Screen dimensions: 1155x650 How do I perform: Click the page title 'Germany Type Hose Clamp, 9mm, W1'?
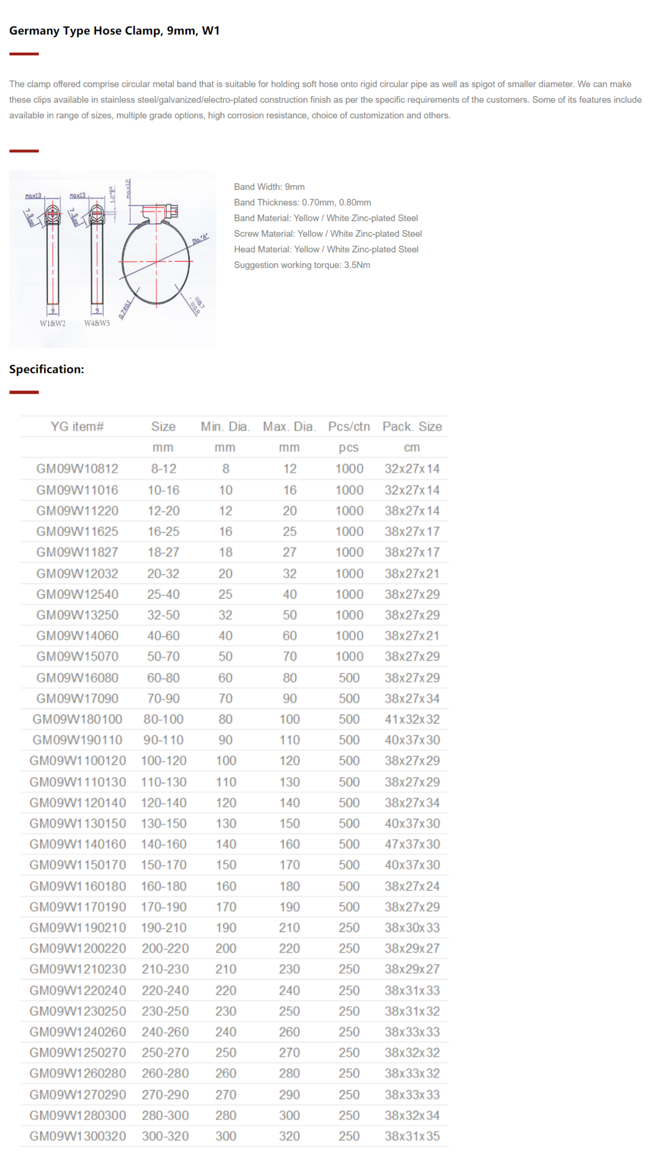tap(114, 31)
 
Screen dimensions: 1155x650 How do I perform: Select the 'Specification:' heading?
tap(47, 369)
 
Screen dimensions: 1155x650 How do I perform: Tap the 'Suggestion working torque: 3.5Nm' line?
tap(302, 265)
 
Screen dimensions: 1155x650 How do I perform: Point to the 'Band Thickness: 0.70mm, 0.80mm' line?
tap(302, 202)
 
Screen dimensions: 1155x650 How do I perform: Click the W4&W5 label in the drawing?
tap(97, 323)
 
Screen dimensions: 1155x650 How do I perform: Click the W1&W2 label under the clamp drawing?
tap(53, 323)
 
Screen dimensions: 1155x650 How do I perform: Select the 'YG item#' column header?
tap(77, 426)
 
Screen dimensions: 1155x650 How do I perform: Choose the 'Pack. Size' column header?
tap(412, 426)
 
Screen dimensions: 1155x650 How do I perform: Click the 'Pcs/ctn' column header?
tap(349, 426)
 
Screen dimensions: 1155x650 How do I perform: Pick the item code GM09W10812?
tap(77, 468)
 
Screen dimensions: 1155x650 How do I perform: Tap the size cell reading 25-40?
tap(163, 594)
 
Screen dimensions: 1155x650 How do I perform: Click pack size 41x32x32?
tap(412, 719)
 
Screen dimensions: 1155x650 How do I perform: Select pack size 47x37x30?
tap(412, 844)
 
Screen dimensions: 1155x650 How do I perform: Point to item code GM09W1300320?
tap(77, 1136)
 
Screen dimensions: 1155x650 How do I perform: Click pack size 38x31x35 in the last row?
tap(412, 1136)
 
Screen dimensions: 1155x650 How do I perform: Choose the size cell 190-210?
tap(164, 928)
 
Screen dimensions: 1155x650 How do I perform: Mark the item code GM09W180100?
tap(77, 719)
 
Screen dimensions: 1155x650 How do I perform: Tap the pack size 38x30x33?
tap(412, 928)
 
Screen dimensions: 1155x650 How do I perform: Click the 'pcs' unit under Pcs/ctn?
tap(349, 448)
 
